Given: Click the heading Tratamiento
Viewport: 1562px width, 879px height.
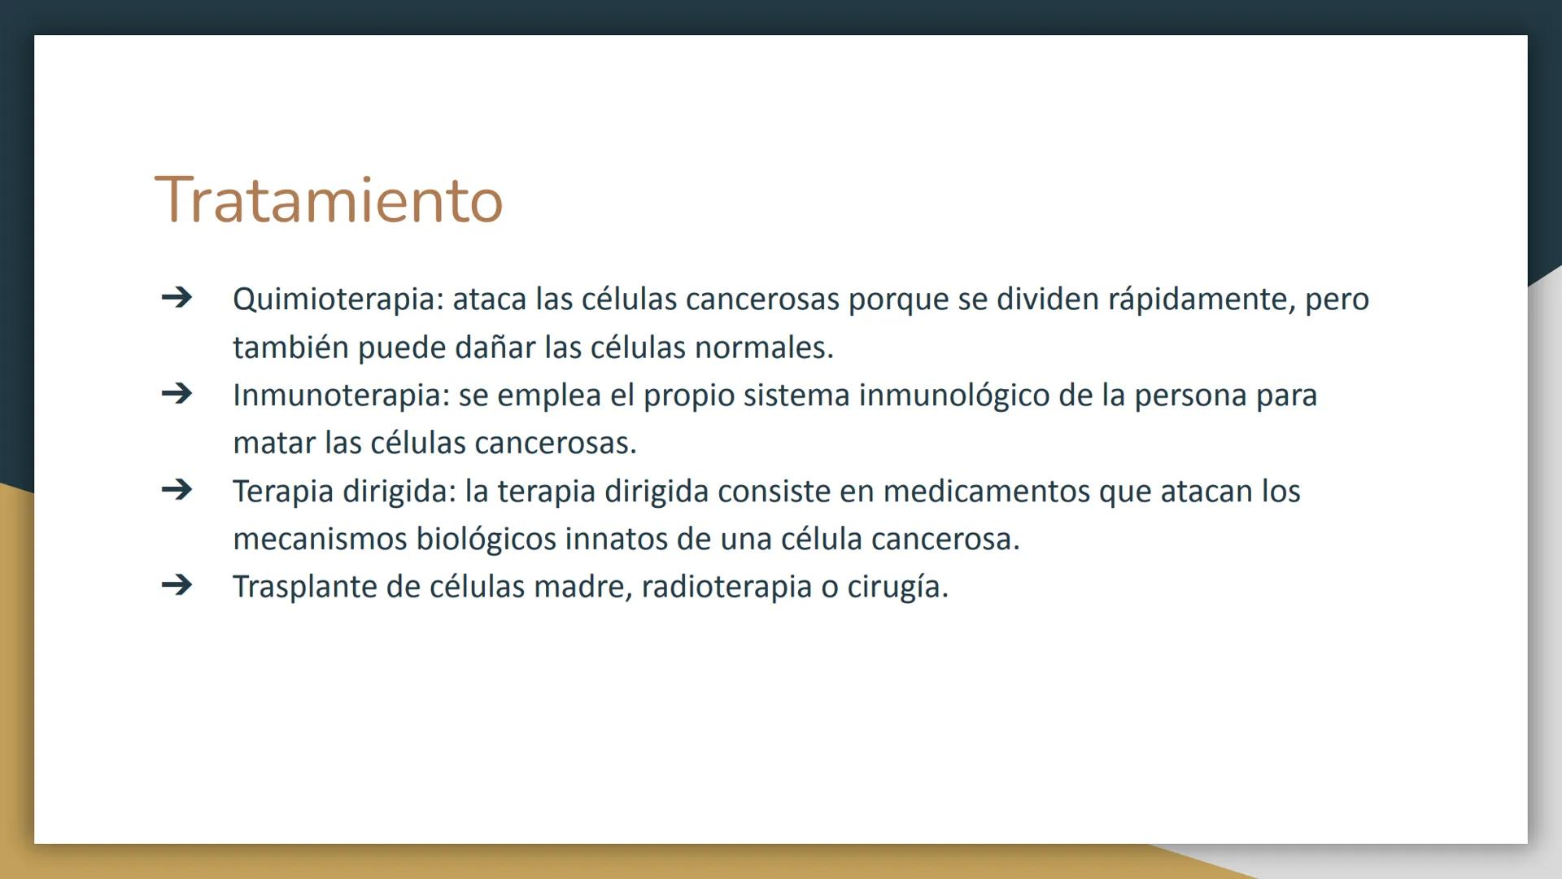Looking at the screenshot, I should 329,200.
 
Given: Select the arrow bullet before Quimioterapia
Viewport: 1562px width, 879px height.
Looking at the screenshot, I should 177,297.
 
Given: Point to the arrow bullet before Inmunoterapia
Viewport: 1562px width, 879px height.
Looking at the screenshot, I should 177,394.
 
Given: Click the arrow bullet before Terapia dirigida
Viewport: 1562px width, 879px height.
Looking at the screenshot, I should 177,490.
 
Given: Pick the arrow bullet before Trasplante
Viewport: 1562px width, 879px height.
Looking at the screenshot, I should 177,585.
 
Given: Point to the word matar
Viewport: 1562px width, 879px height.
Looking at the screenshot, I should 273,444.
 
